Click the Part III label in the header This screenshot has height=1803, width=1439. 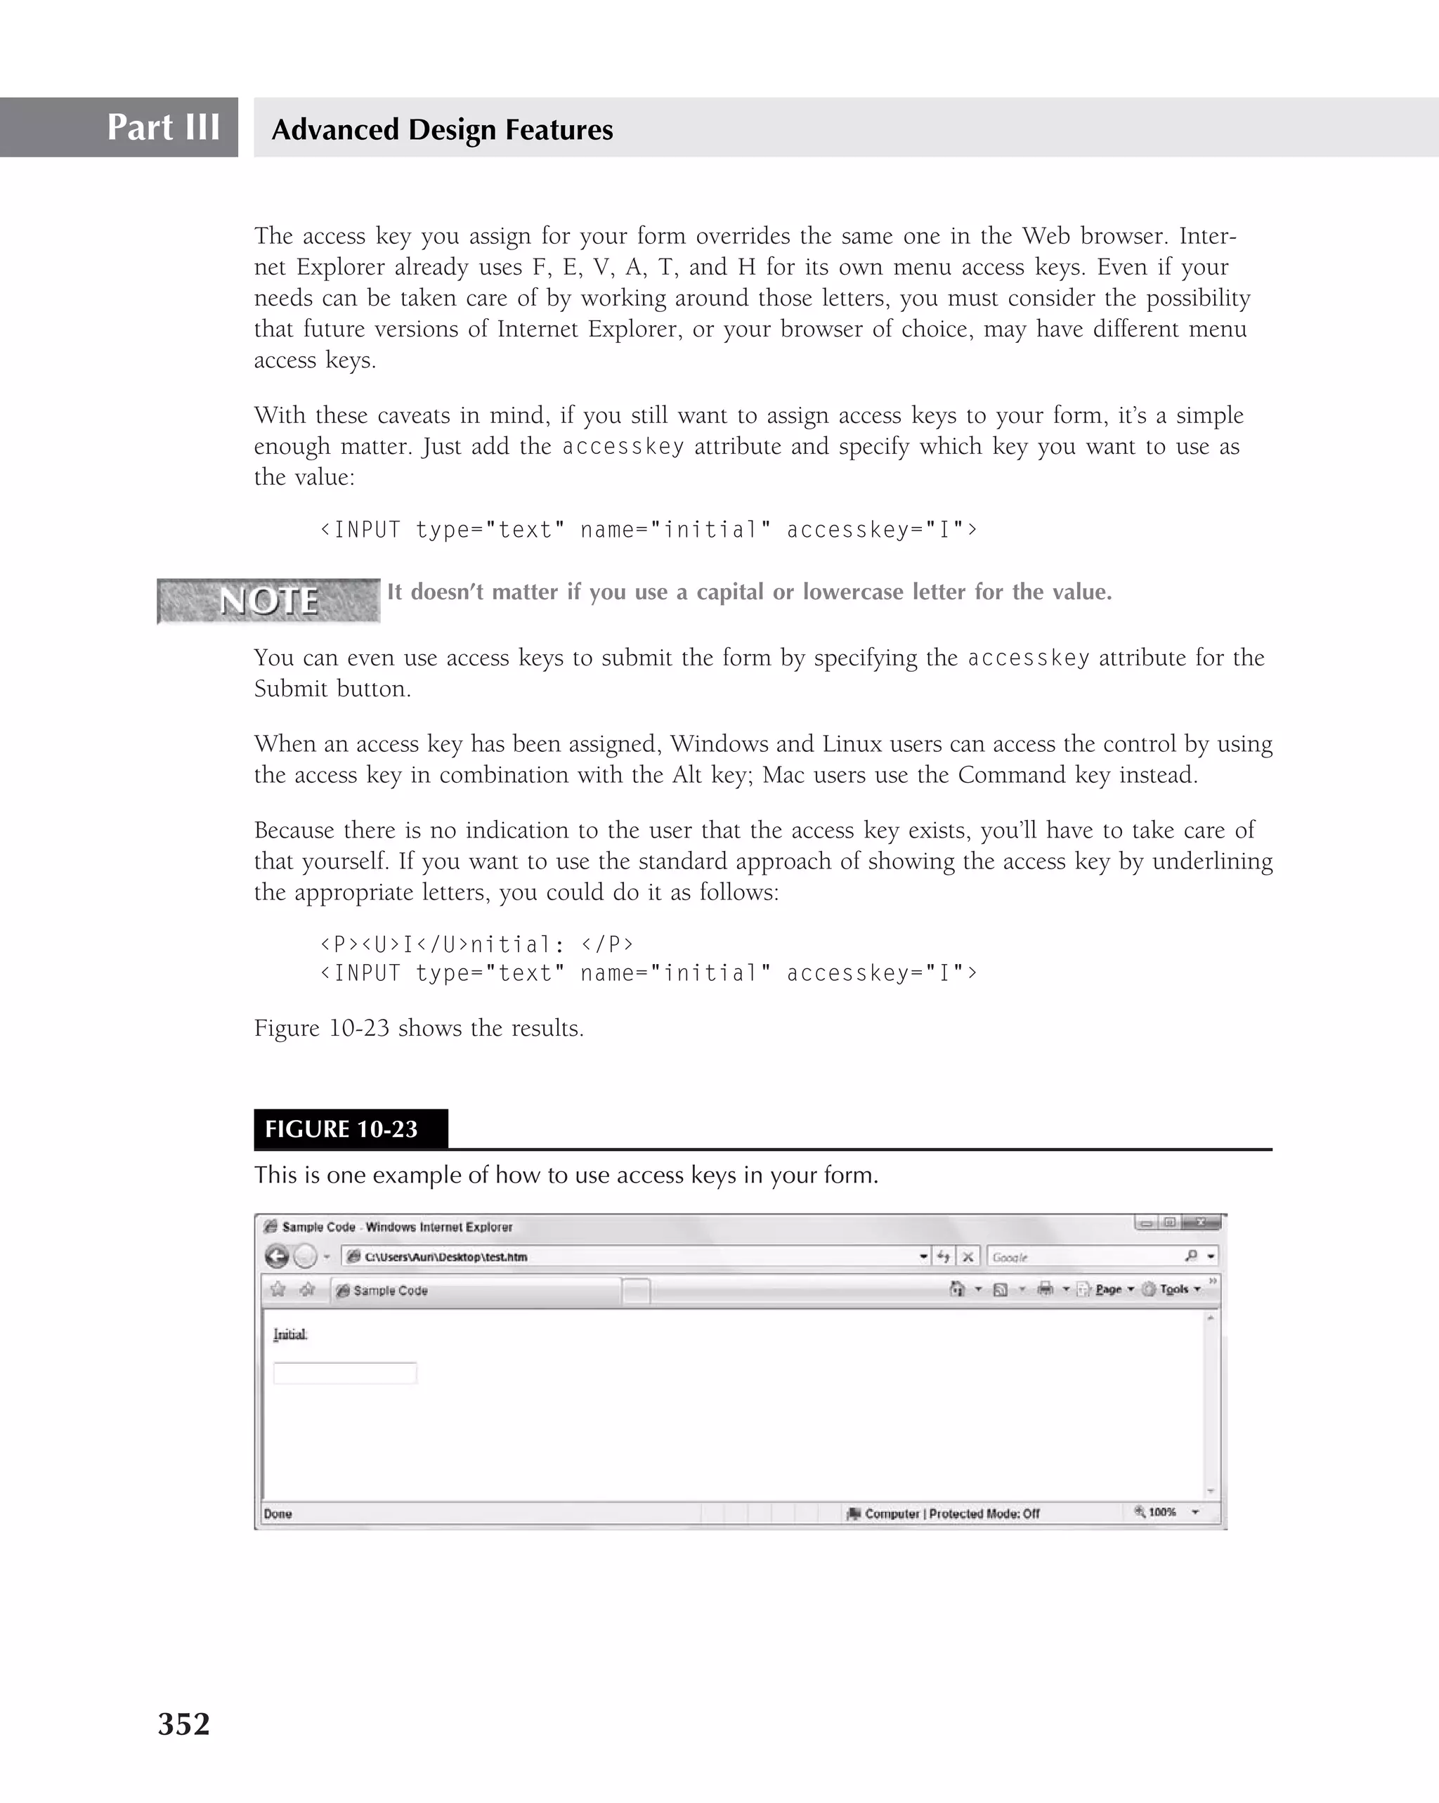tap(163, 128)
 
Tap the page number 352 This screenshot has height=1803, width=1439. tap(184, 1724)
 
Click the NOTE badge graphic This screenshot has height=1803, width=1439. tap(268, 601)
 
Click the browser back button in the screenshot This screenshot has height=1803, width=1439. tap(277, 1256)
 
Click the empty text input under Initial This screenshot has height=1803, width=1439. tap(344, 1373)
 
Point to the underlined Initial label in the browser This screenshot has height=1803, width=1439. tap(290, 1335)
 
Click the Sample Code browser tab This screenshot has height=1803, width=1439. tap(476, 1290)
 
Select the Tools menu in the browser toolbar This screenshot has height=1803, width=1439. tap(1174, 1289)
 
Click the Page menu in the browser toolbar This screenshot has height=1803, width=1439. tap(1108, 1289)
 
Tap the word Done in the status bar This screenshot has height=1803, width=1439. tap(278, 1514)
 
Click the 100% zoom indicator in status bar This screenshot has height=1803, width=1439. tap(1161, 1512)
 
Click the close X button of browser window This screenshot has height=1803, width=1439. tap(1202, 1223)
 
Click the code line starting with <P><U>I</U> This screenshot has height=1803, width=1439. tap(476, 945)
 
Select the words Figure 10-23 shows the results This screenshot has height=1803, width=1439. tap(419, 1028)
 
